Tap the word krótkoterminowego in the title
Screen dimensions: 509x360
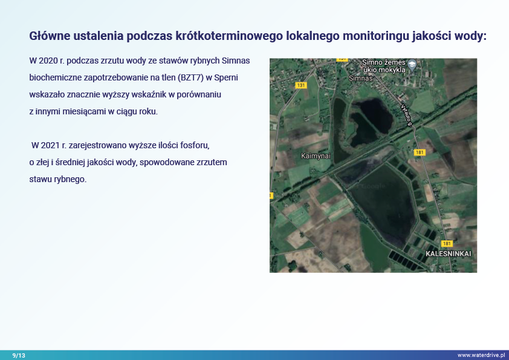[x=229, y=36]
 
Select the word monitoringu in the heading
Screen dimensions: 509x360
[x=376, y=36]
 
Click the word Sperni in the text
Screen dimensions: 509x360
[x=226, y=78]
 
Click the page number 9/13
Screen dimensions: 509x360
[x=19, y=355]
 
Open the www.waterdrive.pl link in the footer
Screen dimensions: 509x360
[x=481, y=355]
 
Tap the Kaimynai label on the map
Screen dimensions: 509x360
[x=316, y=156]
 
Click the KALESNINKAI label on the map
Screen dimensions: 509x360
[x=449, y=254]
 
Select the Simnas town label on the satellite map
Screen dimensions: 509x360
[x=361, y=78]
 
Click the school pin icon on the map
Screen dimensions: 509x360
[x=412, y=65]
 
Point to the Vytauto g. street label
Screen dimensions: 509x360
[x=406, y=115]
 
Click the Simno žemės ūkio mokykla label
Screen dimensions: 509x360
[x=384, y=66]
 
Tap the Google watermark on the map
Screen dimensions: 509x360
[x=373, y=186]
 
